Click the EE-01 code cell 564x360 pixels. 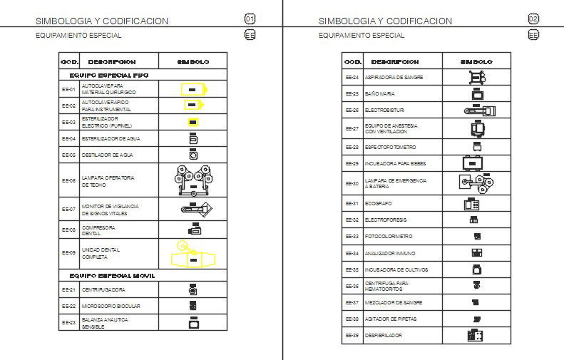coord(68,89)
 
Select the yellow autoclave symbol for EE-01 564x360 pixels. coord(193,89)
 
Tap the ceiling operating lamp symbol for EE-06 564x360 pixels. coord(193,181)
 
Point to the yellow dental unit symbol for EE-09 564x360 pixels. coord(193,254)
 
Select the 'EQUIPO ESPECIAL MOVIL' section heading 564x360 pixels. coord(113,275)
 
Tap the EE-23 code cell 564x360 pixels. coord(68,323)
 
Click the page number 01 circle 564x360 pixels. coord(250,19)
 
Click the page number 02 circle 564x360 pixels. coord(533,19)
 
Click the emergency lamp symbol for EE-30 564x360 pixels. coord(477,183)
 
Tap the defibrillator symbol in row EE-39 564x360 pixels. coord(476,335)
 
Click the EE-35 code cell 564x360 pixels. coord(352,271)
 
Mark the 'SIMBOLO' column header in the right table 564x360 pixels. coord(476,62)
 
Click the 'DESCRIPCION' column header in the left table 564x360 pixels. coord(113,62)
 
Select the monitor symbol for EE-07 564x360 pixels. coord(193,210)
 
